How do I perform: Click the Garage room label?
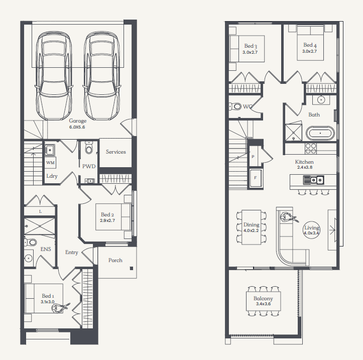77,121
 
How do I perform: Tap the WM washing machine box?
51,163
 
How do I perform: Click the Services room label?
116,152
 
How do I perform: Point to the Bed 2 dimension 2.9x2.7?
107,220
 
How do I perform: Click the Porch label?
115,260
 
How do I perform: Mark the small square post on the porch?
132,269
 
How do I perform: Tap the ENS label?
46,249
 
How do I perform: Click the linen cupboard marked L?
40,211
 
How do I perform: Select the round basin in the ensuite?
29,258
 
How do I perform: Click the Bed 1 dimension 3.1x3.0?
48,302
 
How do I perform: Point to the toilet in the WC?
235,107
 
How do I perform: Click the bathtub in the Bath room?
320,133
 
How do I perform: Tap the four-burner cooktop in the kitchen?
311,149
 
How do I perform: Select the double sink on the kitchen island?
314,180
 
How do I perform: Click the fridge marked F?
256,178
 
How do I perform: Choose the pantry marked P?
253,157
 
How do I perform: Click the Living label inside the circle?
312,228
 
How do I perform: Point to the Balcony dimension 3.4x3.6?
263,304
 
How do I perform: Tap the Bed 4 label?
310,45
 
